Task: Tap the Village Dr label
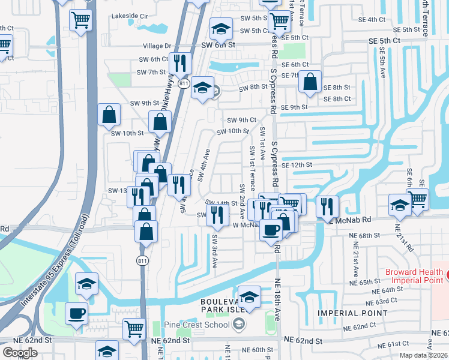point(157,46)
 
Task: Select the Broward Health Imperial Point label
point(414,276)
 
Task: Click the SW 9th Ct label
point(241,120)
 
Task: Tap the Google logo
point(20,353)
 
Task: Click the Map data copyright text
point(421,355)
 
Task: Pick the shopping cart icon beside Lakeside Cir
point(80,20)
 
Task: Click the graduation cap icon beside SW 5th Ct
point(221,28)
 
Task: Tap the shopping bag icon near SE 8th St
point(310,83)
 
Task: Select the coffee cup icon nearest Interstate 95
point(76,313)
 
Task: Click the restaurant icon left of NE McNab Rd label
point(327,207)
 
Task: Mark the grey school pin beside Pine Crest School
point(239,325)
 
